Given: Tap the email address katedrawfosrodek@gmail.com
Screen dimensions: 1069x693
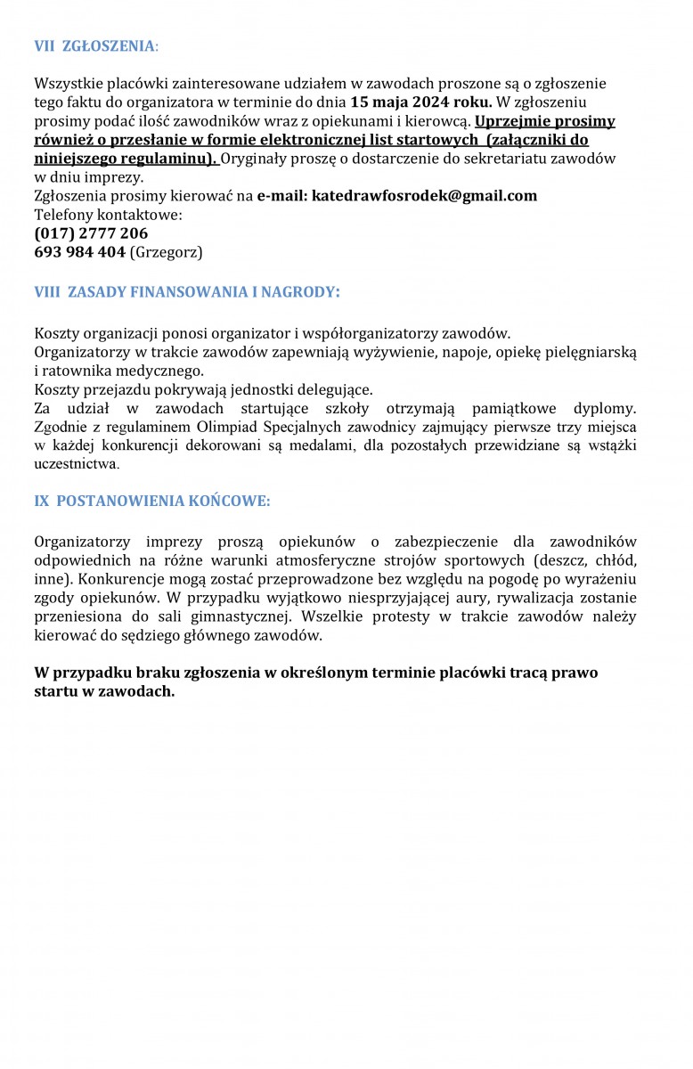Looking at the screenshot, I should click(x=424, y=195).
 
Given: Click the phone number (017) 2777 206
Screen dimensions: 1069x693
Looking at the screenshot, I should click(x=91, y=233).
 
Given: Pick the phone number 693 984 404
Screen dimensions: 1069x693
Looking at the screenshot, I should click(x=79, y=252).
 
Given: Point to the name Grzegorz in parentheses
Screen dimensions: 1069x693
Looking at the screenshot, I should click(x=167, y=252).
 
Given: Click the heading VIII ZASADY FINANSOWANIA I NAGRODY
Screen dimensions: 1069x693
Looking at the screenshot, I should click(x=187, y=291).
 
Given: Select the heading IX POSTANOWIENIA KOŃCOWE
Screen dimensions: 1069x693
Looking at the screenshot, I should click(x=151, y=501).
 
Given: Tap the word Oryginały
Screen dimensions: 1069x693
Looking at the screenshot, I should click(x=257, y=158).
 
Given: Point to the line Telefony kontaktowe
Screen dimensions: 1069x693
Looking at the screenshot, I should click(x=108, y=215).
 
